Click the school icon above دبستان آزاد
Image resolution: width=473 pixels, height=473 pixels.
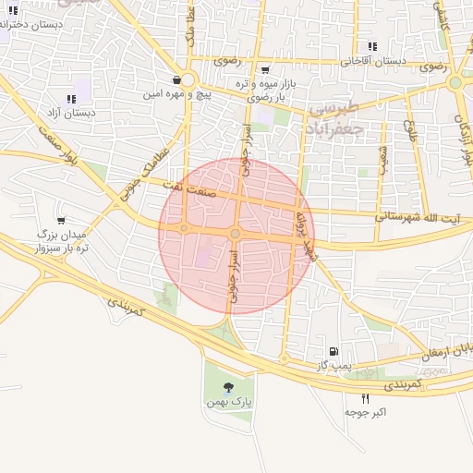click(x=72, y=99)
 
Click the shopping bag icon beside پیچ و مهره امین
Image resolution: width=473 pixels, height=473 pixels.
click(x=176, y=80)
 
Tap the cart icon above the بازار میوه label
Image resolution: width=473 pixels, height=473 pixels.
click(x=266, y=69)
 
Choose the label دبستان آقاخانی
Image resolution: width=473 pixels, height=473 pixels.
click(x=372, y=61)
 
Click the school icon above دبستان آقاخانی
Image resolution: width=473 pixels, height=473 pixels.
click(x=372, y=46)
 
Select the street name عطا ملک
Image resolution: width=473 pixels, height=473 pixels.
click(x=190, y=39)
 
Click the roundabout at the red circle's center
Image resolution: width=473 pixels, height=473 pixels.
click(x=236, y=235)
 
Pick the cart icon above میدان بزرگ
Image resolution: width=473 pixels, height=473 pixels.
click(x=61, y=221)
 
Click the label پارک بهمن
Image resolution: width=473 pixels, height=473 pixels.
click(x=229, y=404)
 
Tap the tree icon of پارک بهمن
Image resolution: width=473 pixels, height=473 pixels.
click(x=229, y=388)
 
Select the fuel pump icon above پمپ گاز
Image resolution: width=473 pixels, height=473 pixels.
click(x=333, y=351)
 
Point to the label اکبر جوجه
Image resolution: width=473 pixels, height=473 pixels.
click(x=366, y=411)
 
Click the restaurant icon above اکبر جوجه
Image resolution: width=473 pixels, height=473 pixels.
click(x=366, y=397)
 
